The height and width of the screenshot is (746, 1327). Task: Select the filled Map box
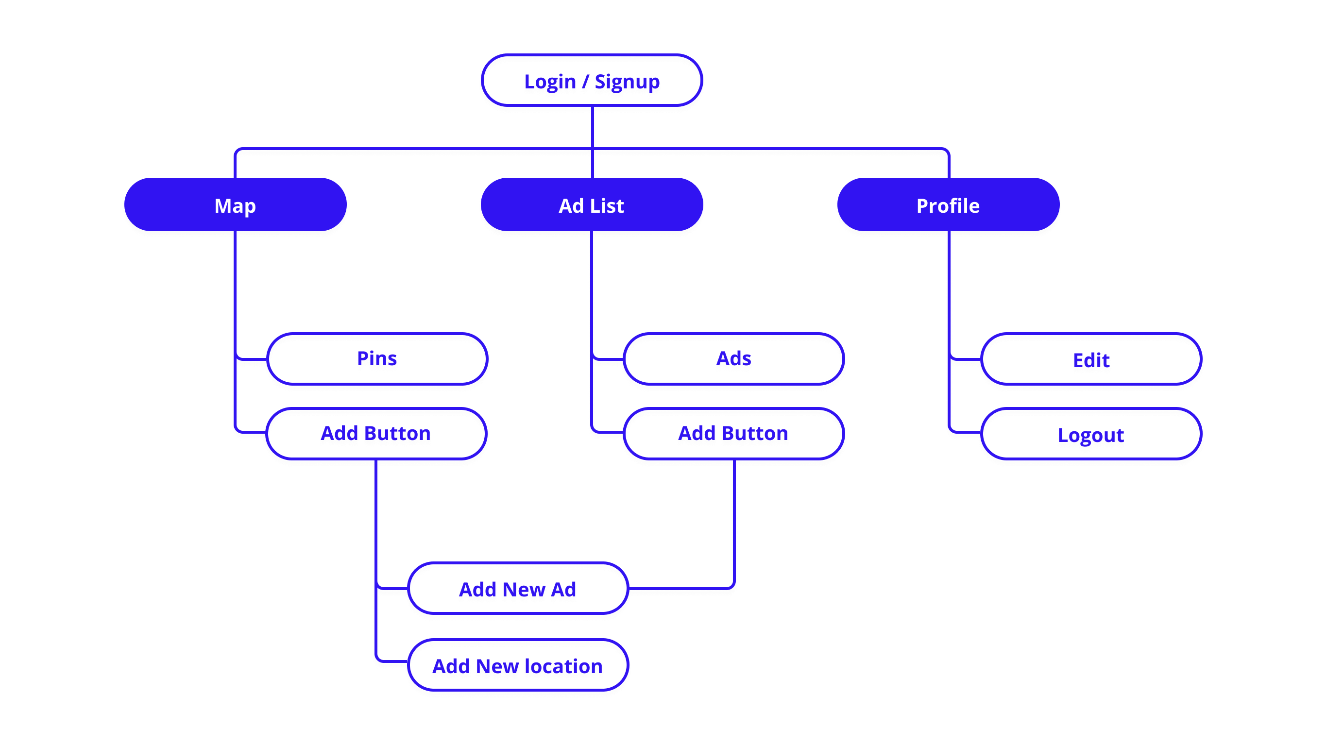[235, 205]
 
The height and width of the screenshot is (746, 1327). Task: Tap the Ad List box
[592, 205]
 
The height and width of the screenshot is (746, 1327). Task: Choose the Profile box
[948, 205]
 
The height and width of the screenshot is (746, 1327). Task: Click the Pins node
[376, 359]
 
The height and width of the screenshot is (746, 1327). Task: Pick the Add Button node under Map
[375, 434]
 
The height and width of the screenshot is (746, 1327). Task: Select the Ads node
[733, 359]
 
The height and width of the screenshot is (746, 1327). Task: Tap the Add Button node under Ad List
[733, 434]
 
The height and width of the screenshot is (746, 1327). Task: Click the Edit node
[1091, 360]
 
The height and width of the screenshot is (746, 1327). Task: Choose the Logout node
[1091, 435]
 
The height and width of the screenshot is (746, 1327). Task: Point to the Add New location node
[518, 666]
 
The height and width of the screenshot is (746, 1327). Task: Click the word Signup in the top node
[627, 83]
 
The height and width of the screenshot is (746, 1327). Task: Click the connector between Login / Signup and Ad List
[593, 129]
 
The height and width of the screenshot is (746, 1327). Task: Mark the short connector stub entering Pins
[252, 358]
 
